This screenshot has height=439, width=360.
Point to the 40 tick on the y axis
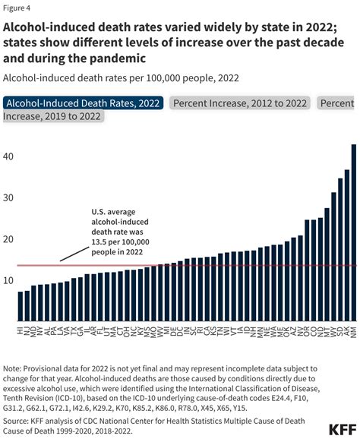[9, 157]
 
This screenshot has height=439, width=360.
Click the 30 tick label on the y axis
[9, 198]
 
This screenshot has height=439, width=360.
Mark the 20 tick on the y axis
[9, 239]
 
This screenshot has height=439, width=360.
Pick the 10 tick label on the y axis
[9, 280]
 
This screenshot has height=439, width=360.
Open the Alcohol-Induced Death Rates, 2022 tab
[84, 103]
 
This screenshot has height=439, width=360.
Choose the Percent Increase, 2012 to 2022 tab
[240, 103]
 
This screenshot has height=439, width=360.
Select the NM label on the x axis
[353, 332]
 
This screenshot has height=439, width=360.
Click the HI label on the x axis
[21, 332]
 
